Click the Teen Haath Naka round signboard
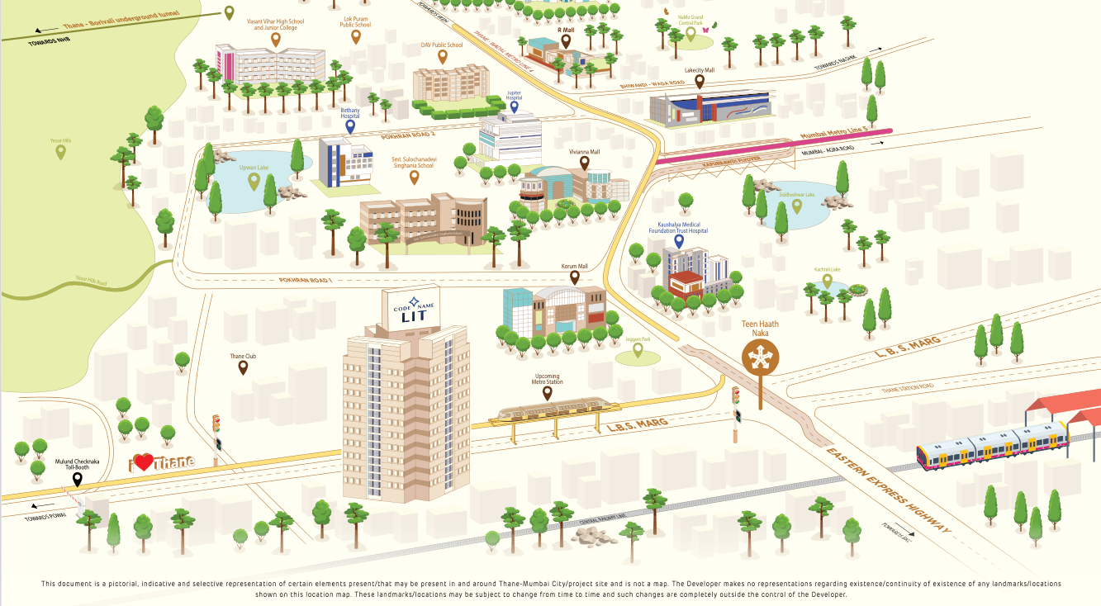tap(758, 357)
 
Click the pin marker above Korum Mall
tap(574, 278)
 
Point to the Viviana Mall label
tap(584, 152)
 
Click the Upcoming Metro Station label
tap(547, 379)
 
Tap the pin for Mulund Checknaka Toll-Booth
tap(78, 479)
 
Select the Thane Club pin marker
tap(243, 367)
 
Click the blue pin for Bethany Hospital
tap(350, 127)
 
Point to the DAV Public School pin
tap(443, 57)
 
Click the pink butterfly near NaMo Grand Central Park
tap(706, 30)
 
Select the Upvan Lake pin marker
tap(266, 181)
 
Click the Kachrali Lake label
tap(827, 269)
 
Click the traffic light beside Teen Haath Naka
tap(736, 405)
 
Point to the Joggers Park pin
tap(638, 350)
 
